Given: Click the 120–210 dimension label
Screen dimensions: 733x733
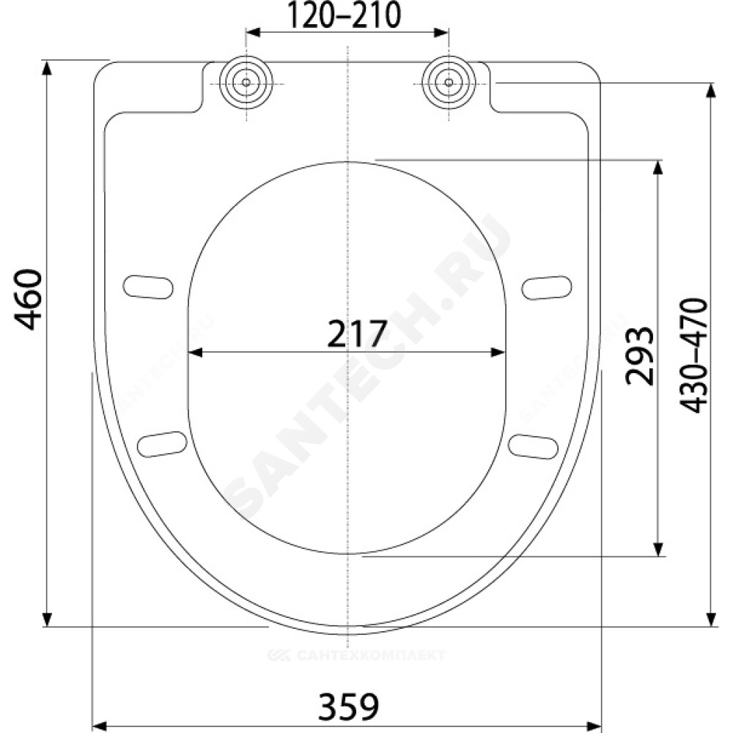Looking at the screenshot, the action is pos(344,15).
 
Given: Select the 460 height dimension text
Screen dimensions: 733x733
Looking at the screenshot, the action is pos(28,300).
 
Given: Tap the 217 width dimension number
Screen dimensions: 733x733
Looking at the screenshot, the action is pos(357,334).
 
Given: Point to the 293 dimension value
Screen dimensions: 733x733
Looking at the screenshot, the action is pos(639,356).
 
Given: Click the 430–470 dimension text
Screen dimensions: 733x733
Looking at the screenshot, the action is pos(694,356).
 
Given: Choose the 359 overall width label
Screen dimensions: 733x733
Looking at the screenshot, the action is pos(348,707).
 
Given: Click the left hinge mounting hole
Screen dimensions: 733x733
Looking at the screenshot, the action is pos(246,83).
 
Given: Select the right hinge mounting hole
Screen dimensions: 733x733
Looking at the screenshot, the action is pos(449,83).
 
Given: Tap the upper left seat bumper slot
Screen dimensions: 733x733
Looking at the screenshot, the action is pos(148,287).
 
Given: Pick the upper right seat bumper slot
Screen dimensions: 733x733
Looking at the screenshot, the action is pos(547,287).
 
